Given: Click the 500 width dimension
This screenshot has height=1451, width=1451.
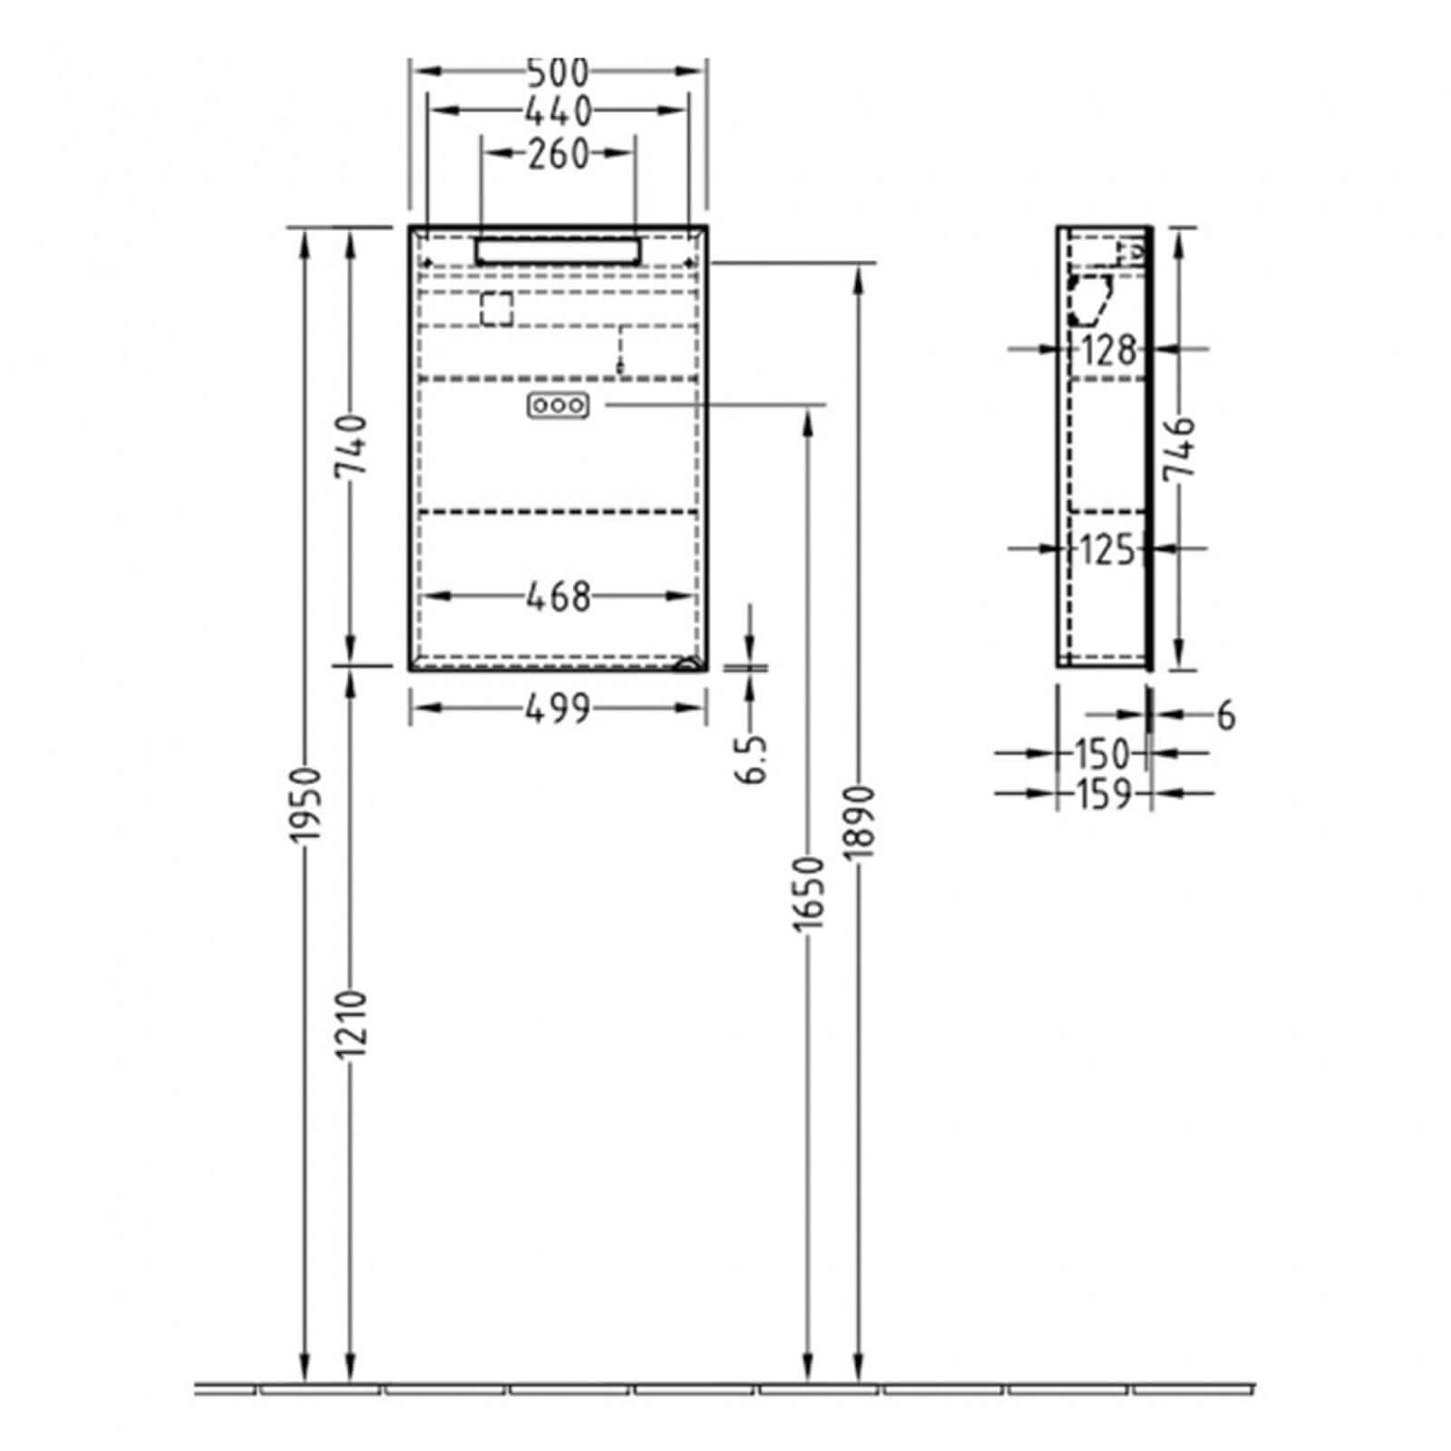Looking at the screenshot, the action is (558, 71).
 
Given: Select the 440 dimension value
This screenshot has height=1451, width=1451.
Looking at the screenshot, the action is (558, 111).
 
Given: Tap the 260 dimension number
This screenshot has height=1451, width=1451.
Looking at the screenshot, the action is (558, 154).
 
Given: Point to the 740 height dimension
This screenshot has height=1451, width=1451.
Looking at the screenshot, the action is (351, 445).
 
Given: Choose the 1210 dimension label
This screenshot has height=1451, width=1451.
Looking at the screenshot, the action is (351, 1023).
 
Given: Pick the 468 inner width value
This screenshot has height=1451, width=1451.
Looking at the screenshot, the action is (558, 597).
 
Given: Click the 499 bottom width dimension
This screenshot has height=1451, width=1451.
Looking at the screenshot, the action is (558, 708).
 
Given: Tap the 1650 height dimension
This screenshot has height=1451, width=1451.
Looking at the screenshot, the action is (809, 892).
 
